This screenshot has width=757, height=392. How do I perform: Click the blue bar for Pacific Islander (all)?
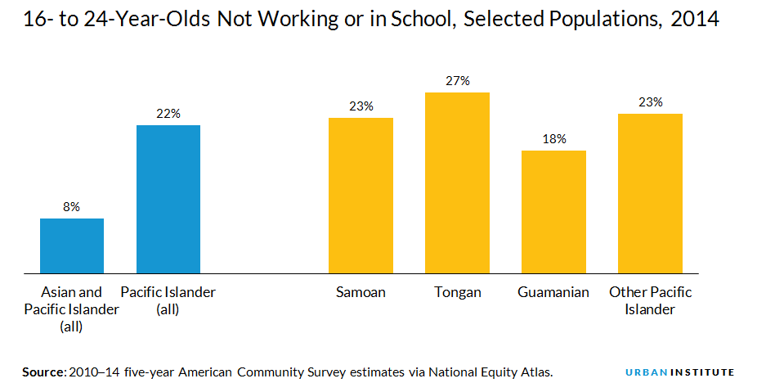pyautogui.click(x=168, y=199)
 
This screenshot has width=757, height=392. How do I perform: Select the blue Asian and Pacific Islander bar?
pyautogui.click(x=72, y=246)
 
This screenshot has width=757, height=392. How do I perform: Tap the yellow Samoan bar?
pyautogui.click(x=361, y=195)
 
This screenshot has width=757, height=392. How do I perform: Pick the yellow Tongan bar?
pyautogui.click(x=457, y=182)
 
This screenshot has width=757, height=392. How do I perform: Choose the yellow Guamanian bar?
pyautogui.click(x=553, y=211)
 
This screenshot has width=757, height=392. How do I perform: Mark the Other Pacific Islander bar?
pyautogui.click(x=650, y=193)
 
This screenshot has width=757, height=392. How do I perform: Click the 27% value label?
pyautogui.click(x=458, y=81)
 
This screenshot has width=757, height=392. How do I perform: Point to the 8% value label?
pyautogui.click(x=72, y=207)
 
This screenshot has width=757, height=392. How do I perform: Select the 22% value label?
pyautogui.click(x=168, y=114)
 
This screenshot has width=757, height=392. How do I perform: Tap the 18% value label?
pyautogui.click(x=553, y=139)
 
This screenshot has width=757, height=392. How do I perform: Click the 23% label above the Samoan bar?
pyautogui.click(x=361, y=106)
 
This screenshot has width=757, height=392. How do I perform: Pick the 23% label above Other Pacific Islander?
pyautogui.click(x=651, y=102)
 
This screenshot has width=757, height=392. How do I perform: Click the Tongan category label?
pyautogui.click(x=457, y=292)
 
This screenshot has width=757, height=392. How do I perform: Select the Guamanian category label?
pyautogui.click(x=553, y=292)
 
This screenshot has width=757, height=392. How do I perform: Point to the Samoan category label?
pyautogui.click(x=361, y=292)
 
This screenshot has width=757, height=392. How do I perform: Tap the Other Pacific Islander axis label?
pyautogui.click(x=650, y=300)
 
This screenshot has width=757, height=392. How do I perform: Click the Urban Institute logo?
pyautogui.click(x=679, y=372)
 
